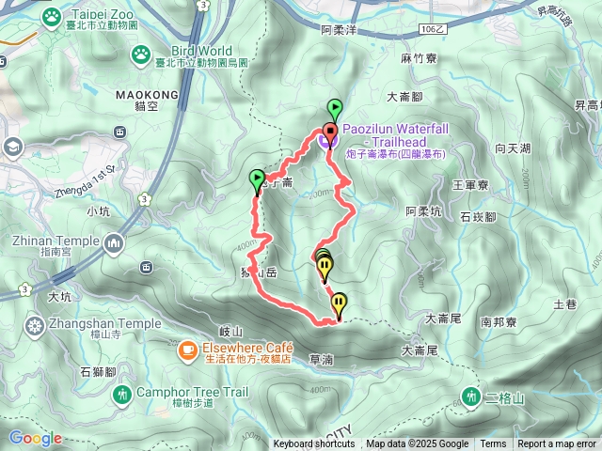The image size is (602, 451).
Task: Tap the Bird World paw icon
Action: tap(141, 53)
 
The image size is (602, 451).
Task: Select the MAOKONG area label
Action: tap(147, 95)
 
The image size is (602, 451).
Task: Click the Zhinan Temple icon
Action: tap(115, 244)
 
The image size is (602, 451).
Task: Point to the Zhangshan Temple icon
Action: tap(35, 326)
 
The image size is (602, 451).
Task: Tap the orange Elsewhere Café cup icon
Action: tap(188, 350)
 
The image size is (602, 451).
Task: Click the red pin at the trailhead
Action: tap(329, 132)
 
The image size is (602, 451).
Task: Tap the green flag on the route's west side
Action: tap(257, 179)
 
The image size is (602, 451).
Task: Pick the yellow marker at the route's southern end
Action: tap(339, 304)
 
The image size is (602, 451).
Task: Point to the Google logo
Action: tap(35, 438)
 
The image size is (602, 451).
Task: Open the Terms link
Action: tap(493, 444)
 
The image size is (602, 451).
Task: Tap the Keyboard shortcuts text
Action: tap(315, 444)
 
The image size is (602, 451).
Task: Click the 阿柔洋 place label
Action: tap(340, 30)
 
